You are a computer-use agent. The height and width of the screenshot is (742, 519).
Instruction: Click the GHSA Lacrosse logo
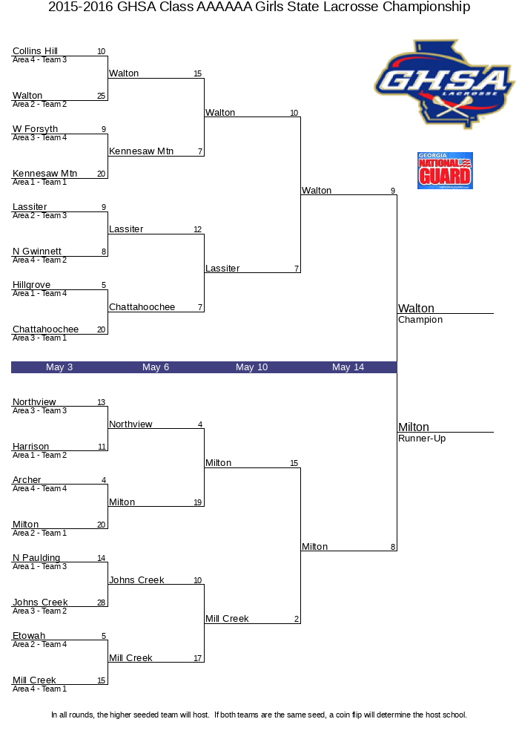444,85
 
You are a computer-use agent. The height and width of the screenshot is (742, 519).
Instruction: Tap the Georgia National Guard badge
445,171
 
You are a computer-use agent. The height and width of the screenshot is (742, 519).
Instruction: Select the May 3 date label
59,367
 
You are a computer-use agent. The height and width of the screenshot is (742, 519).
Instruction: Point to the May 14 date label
348,367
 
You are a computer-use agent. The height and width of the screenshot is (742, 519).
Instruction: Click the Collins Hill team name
35,50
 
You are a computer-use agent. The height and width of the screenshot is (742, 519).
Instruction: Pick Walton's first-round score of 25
101,96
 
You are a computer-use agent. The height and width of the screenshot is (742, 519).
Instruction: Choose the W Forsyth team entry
35,128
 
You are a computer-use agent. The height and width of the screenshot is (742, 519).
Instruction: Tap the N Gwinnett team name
37,252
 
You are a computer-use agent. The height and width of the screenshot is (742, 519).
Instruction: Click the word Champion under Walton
420,320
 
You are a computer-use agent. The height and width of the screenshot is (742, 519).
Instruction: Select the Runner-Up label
422,439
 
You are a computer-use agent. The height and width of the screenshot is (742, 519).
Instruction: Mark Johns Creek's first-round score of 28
101,603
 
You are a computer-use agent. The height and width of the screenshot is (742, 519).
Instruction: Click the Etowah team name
29,636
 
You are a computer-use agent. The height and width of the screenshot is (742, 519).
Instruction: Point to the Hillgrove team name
31,285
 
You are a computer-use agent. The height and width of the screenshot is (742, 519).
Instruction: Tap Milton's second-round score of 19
197,502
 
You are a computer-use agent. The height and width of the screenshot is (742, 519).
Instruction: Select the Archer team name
27,480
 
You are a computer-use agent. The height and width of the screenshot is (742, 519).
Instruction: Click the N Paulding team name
36,558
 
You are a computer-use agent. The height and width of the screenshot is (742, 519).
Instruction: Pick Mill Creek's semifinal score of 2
297,619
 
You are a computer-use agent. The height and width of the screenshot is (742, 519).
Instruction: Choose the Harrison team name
30,446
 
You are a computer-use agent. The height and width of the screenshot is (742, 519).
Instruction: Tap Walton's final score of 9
393,191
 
